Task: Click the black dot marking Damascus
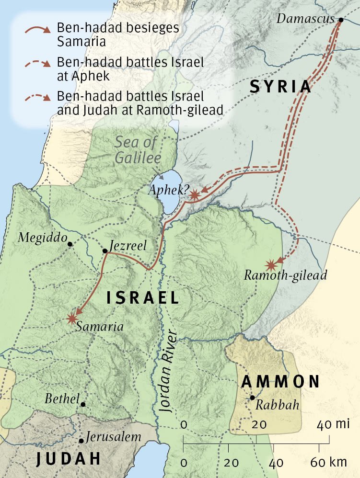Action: tap(340, 20)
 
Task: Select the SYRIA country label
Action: tap(280, 87)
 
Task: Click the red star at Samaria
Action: tap(72, 318)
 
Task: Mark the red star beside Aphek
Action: tap(195, 195)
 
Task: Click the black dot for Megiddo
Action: tap(70, 244)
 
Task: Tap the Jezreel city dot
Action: tap(105, 250)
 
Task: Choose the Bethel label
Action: tap(61, 398)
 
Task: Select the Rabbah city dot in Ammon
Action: tap(252, 398)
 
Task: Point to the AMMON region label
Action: tap(280, 382)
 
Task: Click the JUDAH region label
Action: tap(69, 459)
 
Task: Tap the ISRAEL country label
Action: tap(142, 298)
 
